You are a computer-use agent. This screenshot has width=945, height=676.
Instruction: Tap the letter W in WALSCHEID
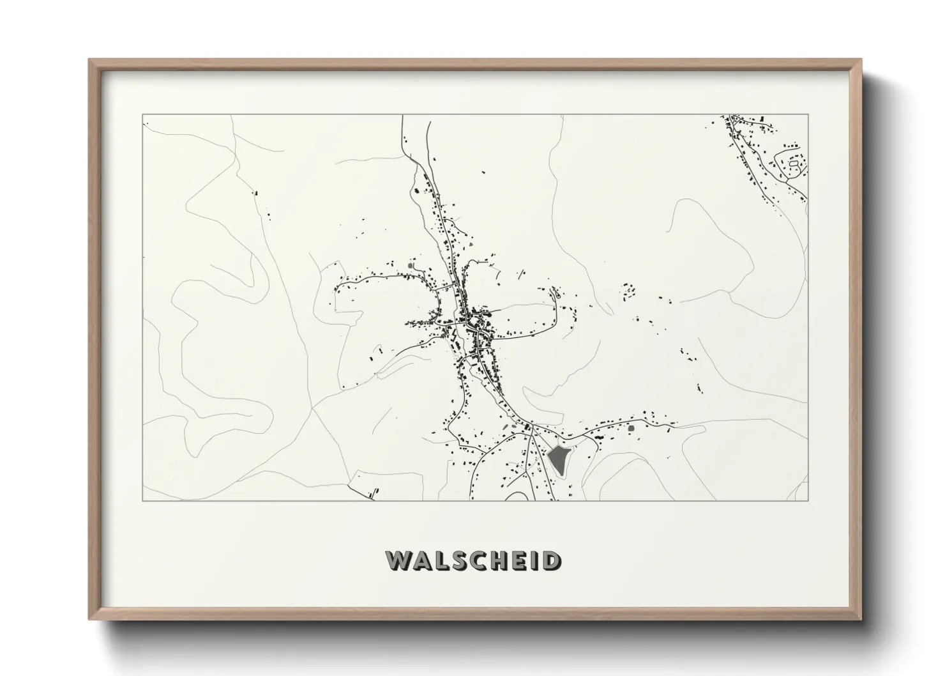[x=398, y=560]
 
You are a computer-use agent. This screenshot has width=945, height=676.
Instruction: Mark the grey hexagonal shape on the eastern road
[x=631, y=428]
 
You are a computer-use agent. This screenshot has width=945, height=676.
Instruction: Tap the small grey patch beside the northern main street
[x=471, y=243]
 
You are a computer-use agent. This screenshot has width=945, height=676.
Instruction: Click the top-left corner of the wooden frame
[x=90, y=60]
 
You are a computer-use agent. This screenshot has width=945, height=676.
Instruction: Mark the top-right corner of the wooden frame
[x=860, y=60]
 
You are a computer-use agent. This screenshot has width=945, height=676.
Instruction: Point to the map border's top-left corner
[x=142, y=115]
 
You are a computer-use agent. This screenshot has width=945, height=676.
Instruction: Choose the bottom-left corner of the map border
[x=142, y=500]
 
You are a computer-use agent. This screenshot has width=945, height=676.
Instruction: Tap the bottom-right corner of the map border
[x=808, y=500]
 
